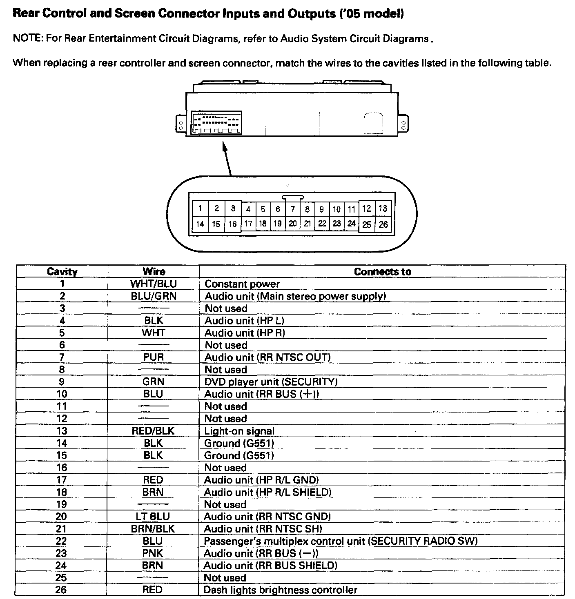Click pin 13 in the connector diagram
pos(383,209)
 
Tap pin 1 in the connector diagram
pos(200,209)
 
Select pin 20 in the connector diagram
pos(292,224)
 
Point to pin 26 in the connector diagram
pos(383,224)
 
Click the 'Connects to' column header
pos(382,272)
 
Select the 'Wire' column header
pos(154,272)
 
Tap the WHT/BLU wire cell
pos(154,284)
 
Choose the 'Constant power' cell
pos(242,284)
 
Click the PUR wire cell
pos(154,357)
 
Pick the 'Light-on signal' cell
pos(239,431)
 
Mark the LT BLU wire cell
pos(153,517)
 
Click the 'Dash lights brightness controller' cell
pos(280,590)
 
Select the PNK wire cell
pos(153,553)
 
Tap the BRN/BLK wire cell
pos(153,529)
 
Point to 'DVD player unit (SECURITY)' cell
pos(271,382)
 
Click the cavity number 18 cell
pos(62,492)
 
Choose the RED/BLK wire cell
pos(153,431)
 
